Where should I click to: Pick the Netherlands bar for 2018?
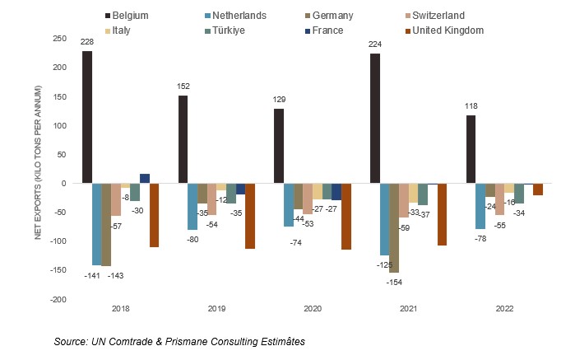(x=96, y=224)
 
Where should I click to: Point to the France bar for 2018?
(x=144, y=179)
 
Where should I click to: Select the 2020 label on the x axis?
(x=313, y=310)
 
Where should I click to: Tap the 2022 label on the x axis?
(x=504, y=310)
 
